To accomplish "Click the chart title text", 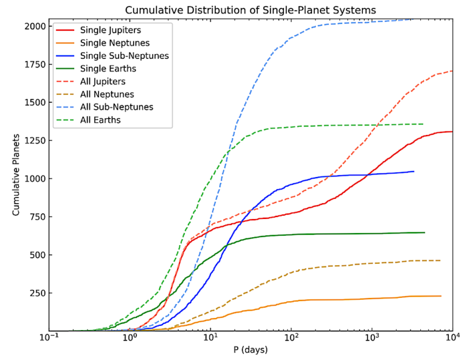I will coord(250,10).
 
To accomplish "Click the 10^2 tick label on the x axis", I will coord(291,339).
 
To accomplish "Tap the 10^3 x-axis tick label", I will coord(372,339).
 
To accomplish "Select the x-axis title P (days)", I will coord(250,350).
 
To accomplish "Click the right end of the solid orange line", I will coord(440,296).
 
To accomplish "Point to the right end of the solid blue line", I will coord(413,171).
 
